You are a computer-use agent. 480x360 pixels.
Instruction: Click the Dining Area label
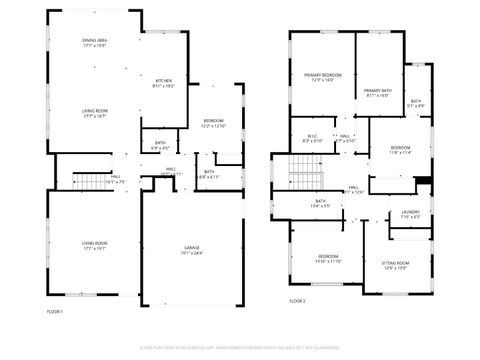[95, 42]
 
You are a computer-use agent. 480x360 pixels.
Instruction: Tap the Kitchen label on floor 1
[164, 84]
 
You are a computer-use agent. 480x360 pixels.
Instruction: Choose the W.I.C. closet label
[312, 139]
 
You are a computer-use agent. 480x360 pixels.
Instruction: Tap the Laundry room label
[410, 213]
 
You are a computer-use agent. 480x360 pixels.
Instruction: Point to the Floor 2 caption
[297, 301]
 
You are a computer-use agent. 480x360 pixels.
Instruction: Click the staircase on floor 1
[92, 181]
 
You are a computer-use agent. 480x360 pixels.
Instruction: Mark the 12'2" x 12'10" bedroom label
[214, 123]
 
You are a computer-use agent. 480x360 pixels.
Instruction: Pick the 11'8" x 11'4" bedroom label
[400, 150]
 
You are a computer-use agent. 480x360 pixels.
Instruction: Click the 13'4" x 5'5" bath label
[320, 204]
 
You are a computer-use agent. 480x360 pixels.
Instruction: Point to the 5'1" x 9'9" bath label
[416, 103]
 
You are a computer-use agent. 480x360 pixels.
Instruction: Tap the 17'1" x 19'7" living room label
[95, 244]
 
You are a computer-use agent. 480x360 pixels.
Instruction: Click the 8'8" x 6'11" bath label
[209, 174]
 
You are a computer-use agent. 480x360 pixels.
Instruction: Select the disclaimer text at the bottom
[239, 347]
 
